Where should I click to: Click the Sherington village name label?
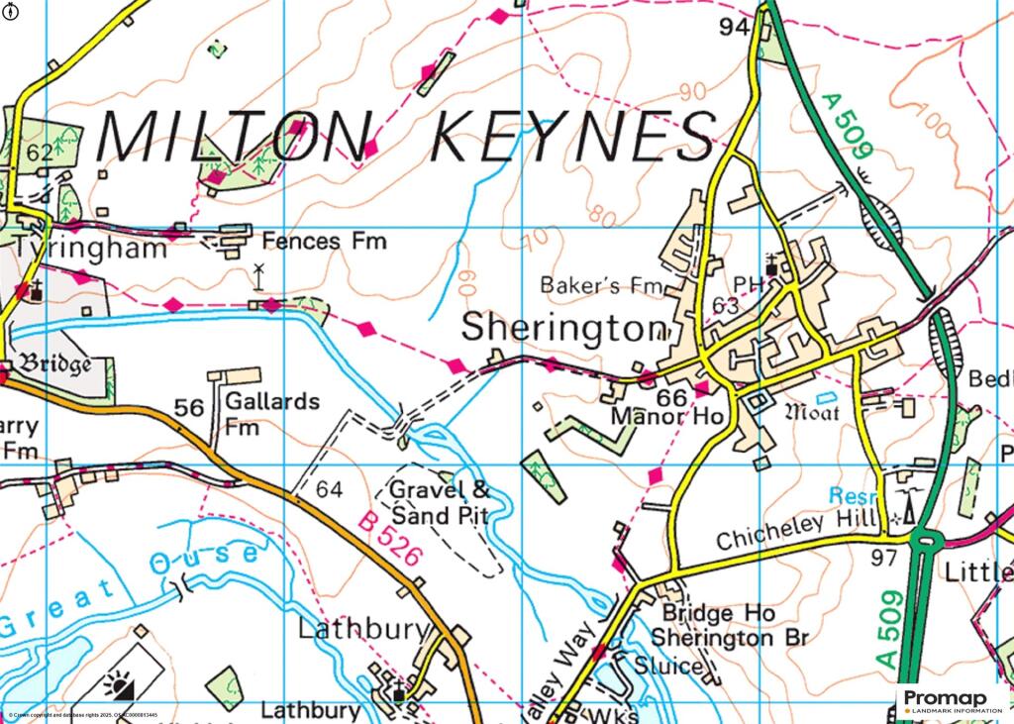564,327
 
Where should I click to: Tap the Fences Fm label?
325,241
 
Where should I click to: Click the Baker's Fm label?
600,286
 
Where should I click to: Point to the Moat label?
811,411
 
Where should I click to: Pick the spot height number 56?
188,408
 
